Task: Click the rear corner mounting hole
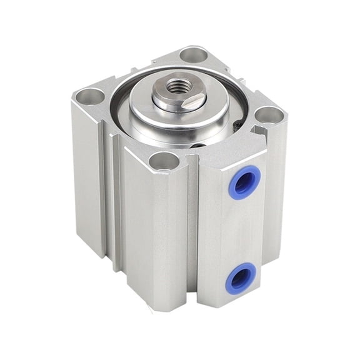193,54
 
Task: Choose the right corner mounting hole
269,114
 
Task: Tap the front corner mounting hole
164,161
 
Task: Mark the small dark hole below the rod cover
198,146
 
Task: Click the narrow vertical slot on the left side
112,200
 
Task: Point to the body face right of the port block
275,200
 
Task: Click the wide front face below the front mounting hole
156,231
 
